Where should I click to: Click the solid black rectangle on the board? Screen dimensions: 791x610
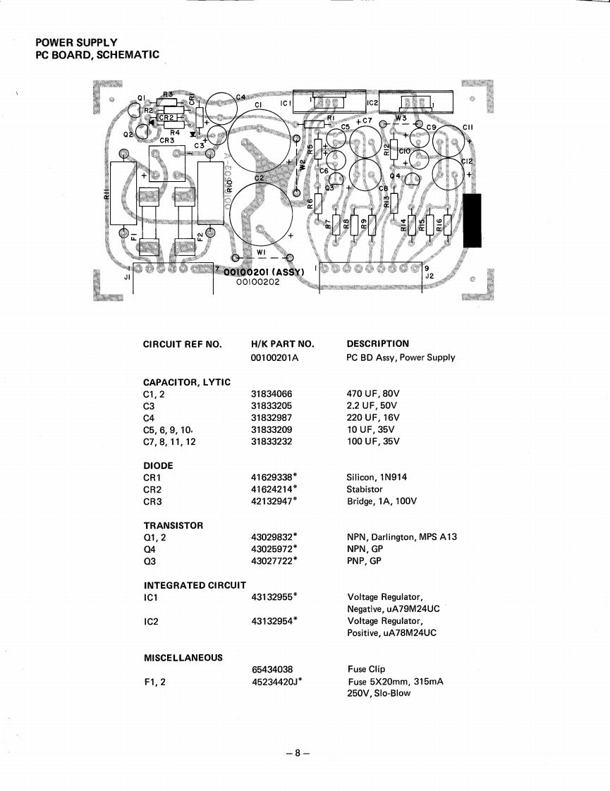[x=471, y=221]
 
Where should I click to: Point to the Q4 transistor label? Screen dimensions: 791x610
[x=396, y=176]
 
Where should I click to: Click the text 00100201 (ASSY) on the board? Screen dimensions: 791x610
[x=263, y=272]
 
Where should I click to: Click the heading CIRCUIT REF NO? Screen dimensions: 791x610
[x=182, y=344]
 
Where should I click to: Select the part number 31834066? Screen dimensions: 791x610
[x=272, y=394]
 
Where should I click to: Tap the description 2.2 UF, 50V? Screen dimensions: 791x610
[x=372, y=406]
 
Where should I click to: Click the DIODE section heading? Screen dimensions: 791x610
[x=158, y=465]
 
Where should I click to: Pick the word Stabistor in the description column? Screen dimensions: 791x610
[x=365, y=489]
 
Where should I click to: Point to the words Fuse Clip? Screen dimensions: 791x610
[x=367, y=669]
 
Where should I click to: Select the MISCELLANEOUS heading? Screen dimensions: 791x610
[x=183, y=657]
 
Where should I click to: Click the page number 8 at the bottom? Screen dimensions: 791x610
[x=298, y=752]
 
